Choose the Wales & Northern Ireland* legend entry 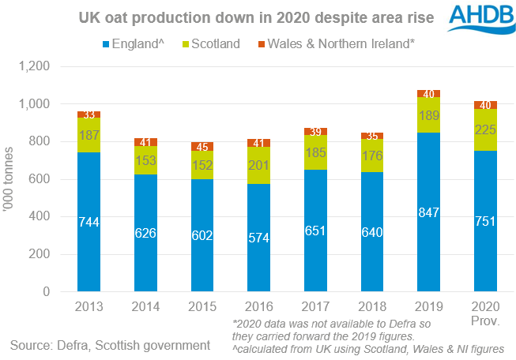[333, 44]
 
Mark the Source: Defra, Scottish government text [110, 345]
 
